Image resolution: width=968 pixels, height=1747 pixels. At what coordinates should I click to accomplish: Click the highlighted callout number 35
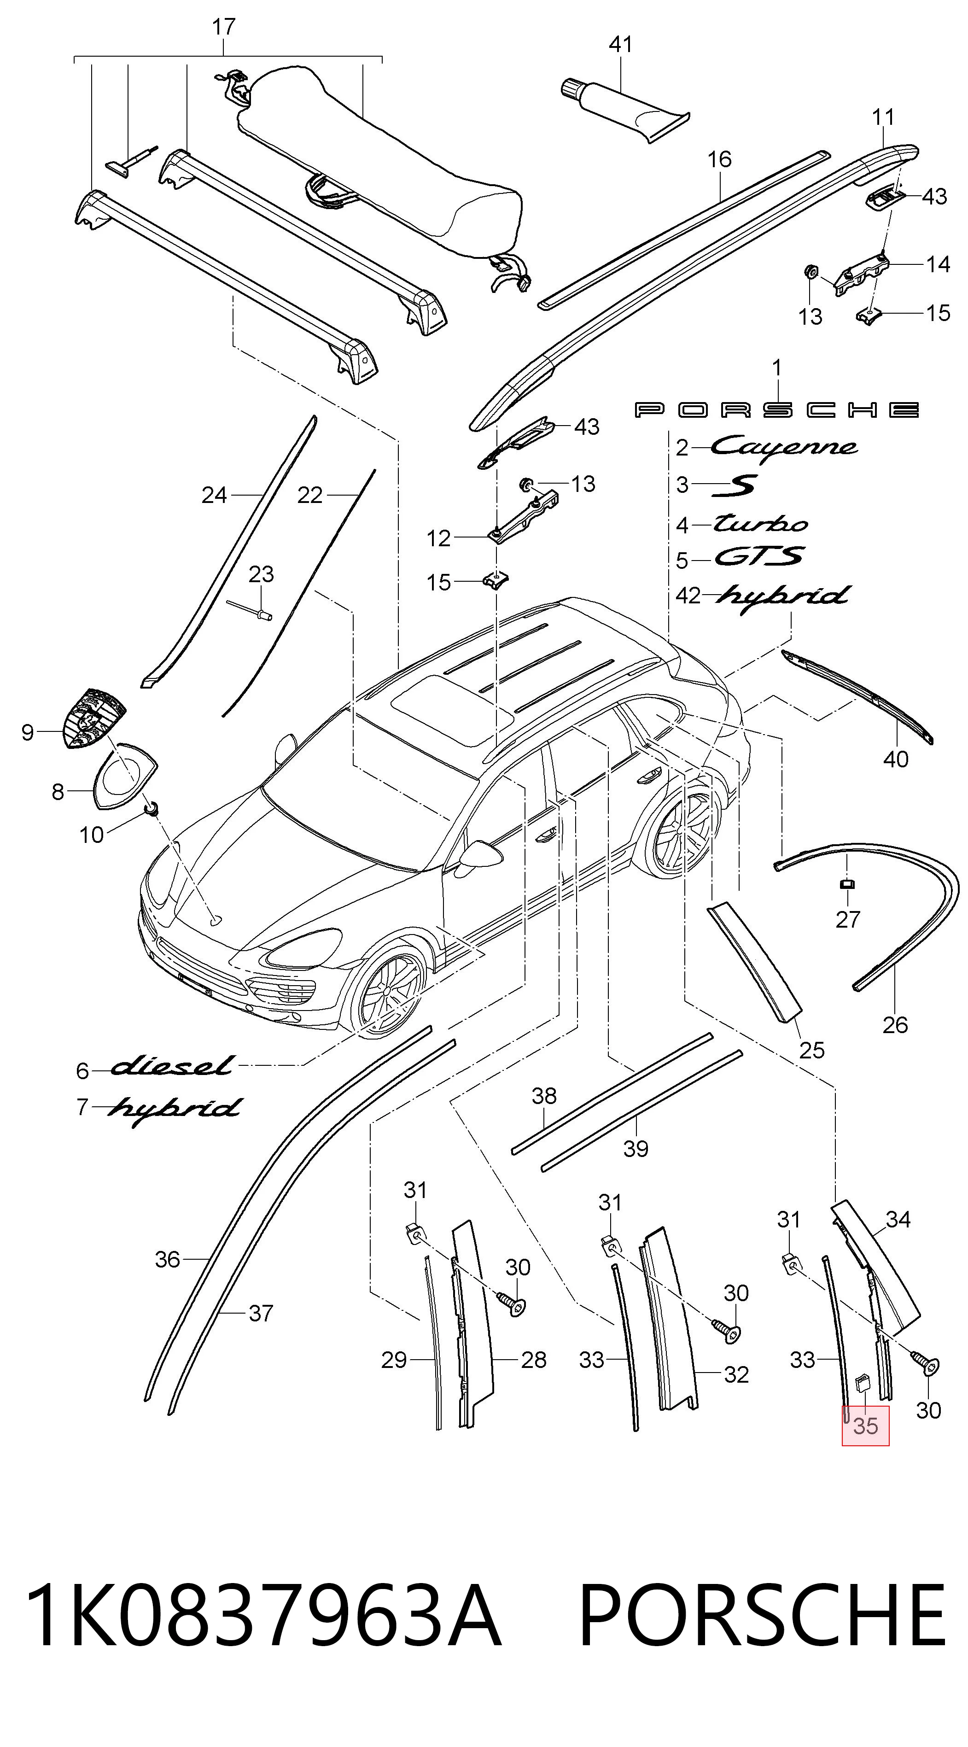point(865,1426)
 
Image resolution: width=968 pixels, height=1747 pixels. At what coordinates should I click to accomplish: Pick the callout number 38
point(544,1095)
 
